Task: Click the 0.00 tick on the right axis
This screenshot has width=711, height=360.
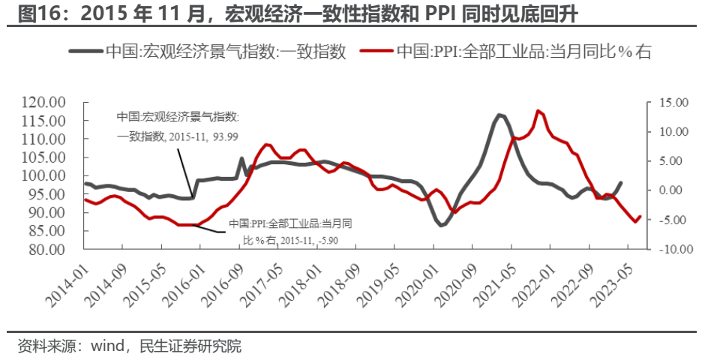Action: coord(673,190)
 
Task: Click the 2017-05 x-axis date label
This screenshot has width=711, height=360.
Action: coord(268,283)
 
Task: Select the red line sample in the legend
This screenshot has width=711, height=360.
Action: coord(376,52)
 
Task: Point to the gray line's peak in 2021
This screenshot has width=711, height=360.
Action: coord(500,115)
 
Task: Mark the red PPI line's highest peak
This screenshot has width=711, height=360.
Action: coord(538,111)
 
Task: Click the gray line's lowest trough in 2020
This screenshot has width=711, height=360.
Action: coord(442,225)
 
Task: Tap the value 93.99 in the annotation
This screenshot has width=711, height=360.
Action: coord(223,136)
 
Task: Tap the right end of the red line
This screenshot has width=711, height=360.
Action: coord(640,216)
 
